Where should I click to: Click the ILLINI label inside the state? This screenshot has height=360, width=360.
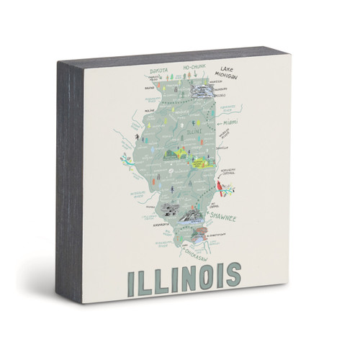point(191,132)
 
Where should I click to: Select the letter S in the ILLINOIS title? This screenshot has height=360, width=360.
point(230,276)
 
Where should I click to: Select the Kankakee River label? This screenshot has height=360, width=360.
point(228,108)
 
